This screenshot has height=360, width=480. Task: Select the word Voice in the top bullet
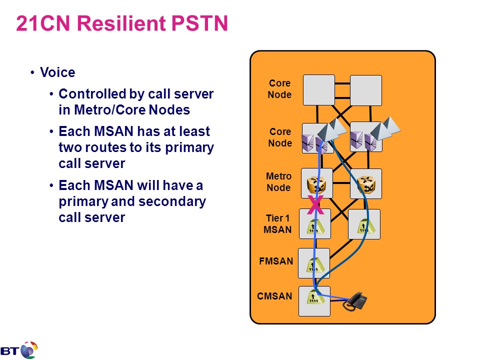click(57, 72)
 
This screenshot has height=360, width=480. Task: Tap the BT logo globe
click(29, 350)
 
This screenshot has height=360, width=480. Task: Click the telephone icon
click(355, 301)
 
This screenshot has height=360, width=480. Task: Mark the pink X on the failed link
click(315, 204)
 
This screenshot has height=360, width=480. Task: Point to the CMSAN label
click(274, 296)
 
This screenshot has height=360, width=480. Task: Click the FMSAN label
click(276, 261)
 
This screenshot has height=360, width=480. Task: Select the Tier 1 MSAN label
click(277, 224)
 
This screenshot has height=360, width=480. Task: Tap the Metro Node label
click(278, 182)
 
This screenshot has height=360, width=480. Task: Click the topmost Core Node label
click(279, 89)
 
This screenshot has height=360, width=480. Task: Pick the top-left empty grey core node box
click(318, 90)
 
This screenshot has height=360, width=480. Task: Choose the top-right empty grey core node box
click(366, 90)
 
